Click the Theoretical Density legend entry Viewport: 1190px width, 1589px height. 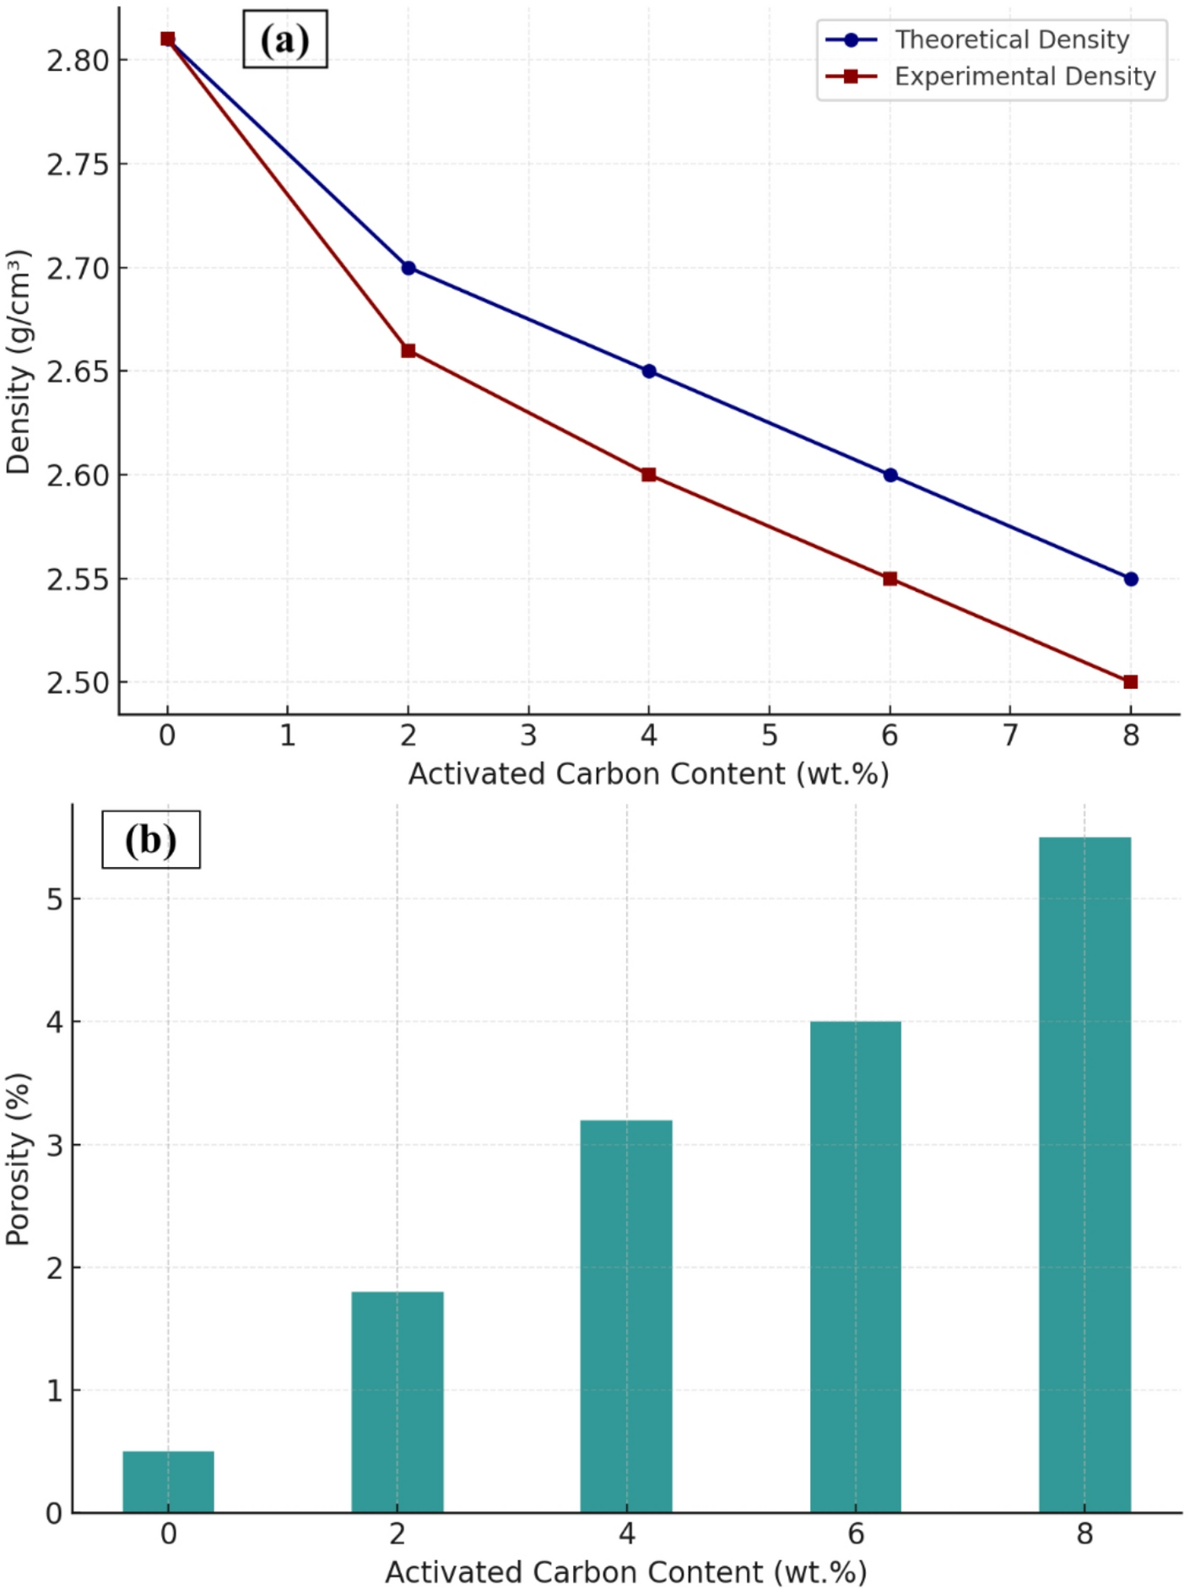coord(1011,40)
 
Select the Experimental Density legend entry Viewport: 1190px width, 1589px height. coord(1024,77)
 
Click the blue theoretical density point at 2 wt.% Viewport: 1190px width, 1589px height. coord(408,268)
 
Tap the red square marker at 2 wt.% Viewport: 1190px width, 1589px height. coord(408,350)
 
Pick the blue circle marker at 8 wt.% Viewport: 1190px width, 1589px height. coord(1131,579)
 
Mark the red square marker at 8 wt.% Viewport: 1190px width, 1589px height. coord(1131,682)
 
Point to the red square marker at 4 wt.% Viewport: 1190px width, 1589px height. coord(649,475)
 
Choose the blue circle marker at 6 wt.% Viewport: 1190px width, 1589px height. coord(890,475)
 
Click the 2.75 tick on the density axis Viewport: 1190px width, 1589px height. coord(78,165)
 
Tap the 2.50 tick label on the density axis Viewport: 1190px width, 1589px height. coord(78,683)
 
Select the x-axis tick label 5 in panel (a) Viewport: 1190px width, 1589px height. coord(770,736)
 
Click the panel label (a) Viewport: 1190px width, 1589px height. coord(285,41)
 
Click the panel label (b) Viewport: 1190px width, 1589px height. coord(151,840)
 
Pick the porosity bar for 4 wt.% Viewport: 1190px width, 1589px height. coord(626,1317)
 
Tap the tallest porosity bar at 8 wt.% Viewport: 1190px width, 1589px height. coord(1085,1174)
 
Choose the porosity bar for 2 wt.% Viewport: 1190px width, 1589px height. coord(398,1402)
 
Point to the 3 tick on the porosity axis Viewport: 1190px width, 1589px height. coord(55,1146)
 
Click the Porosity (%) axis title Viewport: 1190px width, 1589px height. coord(19,1158)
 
